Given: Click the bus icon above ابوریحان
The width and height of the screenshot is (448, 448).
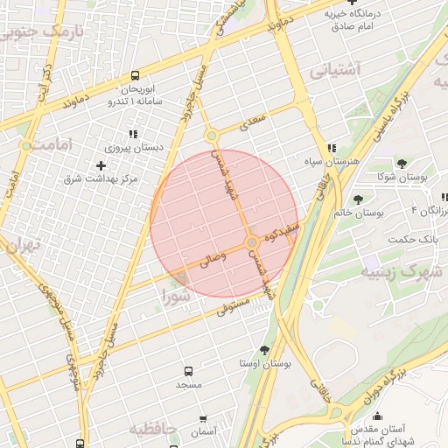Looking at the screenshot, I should [x=135, y=75].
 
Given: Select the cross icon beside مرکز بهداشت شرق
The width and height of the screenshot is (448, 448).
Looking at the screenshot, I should [x=102, y=164].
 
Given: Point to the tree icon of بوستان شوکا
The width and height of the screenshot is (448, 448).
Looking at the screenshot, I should [x=402, y=163].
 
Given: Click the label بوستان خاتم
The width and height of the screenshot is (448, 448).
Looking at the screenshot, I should [x=355, y=213].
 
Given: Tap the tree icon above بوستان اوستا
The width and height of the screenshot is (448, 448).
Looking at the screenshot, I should [x=265, y=349].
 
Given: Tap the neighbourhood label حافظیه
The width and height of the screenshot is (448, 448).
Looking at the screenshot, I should [x=155, y=429].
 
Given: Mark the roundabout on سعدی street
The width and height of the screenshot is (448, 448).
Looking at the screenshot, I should [x=211, y=136].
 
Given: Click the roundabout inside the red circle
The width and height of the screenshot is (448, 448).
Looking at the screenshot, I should [x=252, y=241].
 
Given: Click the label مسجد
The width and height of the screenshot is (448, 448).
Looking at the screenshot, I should [x=188, y=385].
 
